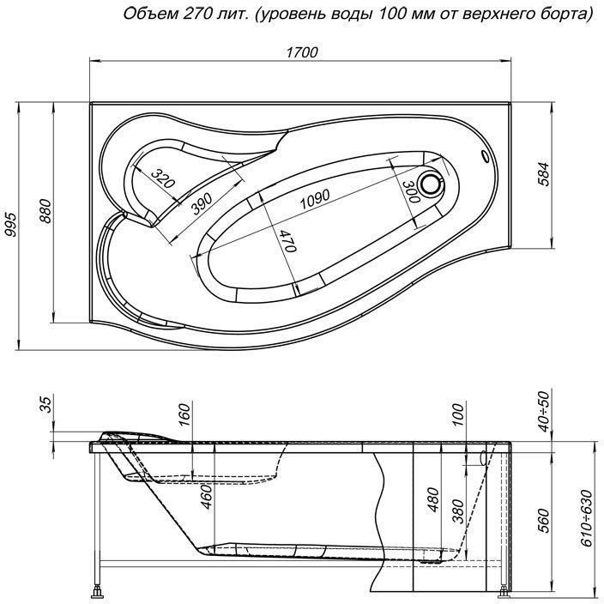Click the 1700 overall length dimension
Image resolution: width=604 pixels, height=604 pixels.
point(301,52)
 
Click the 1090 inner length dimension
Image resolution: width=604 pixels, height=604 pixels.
point(315,198)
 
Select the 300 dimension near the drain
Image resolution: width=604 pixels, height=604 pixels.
point(409,190)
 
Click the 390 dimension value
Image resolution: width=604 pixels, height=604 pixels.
point(201,202)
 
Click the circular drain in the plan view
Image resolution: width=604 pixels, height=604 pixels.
point(432,184)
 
